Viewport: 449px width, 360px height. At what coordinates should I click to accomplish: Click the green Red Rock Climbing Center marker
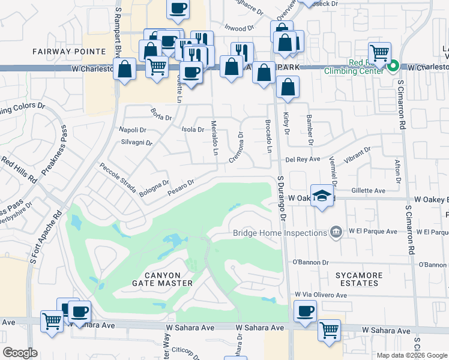393,66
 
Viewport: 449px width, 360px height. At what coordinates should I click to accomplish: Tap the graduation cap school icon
322,196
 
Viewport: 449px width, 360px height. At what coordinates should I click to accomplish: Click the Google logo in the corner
20,352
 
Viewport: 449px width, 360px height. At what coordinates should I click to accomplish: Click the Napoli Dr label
133,130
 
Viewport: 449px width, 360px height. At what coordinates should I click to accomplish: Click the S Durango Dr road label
283,196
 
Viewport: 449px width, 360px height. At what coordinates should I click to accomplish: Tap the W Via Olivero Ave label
321,295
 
